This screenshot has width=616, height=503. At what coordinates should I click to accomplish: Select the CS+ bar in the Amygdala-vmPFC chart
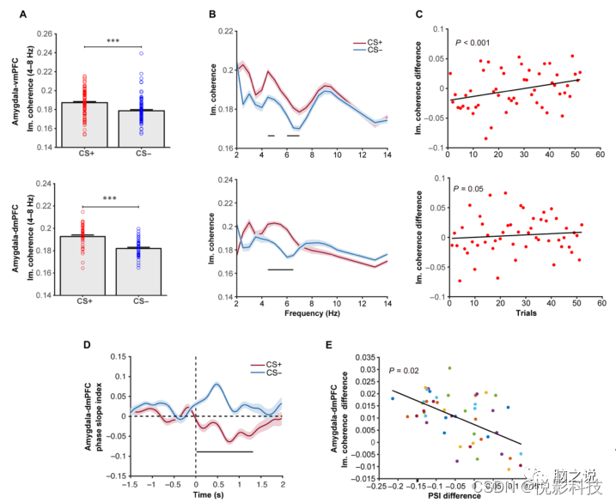click(x=84, y=124)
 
